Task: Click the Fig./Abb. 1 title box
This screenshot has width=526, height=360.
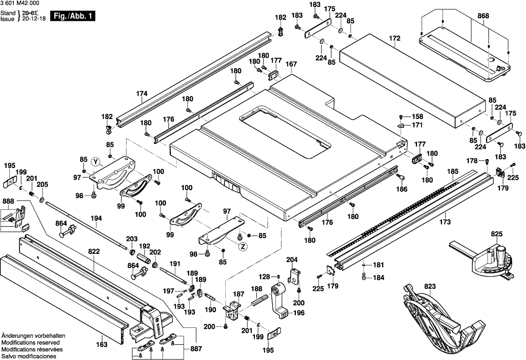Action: pyautogui.click(x=73, y=16)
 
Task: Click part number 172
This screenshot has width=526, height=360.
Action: pyautogui.click(x=394, y=38)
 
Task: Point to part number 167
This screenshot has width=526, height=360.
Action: pyautogui.click(x=291, y=64)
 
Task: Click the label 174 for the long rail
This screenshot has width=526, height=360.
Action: pyautogui.click(x=142, y=93)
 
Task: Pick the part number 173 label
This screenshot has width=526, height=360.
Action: pyautogui.click(x=445, y=222)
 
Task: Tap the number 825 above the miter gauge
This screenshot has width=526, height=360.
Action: pyautogui.click(x=497, y=233)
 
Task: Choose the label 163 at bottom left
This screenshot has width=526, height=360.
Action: pyautogui.click(x=101, y=345)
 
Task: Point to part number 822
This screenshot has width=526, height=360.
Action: pyautogui.click(x=94, y=251)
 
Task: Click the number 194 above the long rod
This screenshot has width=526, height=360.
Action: pyautogui.click(x=96, y=218)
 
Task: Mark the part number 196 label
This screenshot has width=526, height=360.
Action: pyautogui.click(x=299, y=313)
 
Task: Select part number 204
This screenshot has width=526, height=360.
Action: pyautogui.click(x=292, y=259)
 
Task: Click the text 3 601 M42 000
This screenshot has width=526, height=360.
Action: pyautogui.click(x=20, y=3)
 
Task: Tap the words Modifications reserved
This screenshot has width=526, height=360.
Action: pyautogui.click(x=31, y=342)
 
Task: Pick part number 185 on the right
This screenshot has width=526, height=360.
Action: pyautogui.click(x=452, y=171)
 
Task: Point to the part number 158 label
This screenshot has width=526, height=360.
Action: pyautogui.click(x=418, y=117)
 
